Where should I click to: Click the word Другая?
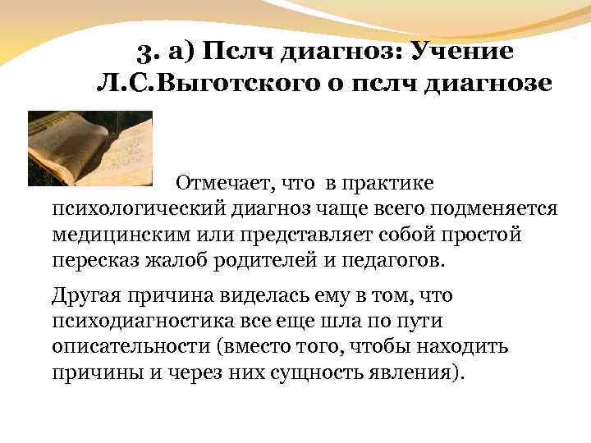pyautogui.click(x=85, y=295)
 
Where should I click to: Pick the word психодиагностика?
pyautogui.click(x=140, y=321)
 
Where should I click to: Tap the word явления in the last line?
pyautogui.click(x=415, y=374)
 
